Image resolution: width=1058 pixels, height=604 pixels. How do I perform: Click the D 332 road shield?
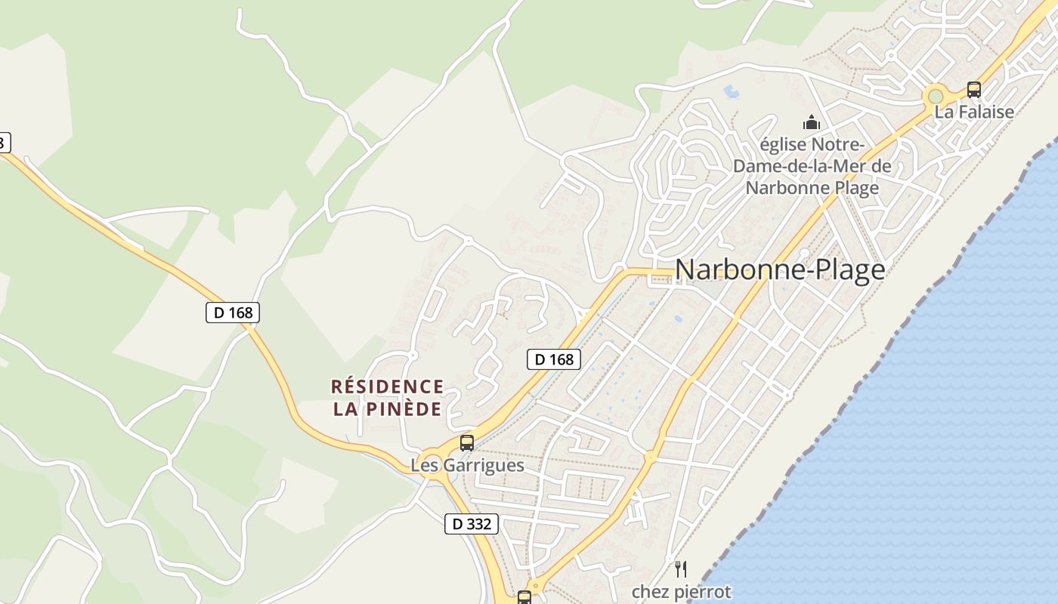pos(472,524)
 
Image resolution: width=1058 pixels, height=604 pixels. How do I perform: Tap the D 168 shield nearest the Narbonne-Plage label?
pos(553,359)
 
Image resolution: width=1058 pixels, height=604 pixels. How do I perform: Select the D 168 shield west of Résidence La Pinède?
pos(233,312)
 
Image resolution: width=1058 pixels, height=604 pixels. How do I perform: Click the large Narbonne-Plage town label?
pos(779,270)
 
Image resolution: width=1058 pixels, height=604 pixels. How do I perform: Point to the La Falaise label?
pos(974,112)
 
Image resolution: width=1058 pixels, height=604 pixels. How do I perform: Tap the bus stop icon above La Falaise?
pos(974,90)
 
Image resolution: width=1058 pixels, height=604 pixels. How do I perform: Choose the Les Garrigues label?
pos(467,465)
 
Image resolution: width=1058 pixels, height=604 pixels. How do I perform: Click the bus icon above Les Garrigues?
pos(467,443)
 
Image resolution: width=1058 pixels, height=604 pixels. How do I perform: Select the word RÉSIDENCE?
pos(388,387)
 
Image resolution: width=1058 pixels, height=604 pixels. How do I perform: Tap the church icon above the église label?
pos(812,122)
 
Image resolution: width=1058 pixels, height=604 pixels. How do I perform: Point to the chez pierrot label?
pos(681,592)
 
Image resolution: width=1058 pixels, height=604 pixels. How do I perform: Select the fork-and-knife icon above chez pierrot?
pos(681,569)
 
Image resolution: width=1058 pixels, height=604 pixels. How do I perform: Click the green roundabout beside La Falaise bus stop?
pos(936,97)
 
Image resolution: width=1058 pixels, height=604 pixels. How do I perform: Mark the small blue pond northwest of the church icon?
pos(731,93)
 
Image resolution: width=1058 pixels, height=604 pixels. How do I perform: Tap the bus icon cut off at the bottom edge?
pos(524,597)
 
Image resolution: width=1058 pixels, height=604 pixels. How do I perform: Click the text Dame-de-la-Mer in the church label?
pos(812,166)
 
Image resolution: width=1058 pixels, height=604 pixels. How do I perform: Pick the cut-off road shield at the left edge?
pos(5,142)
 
